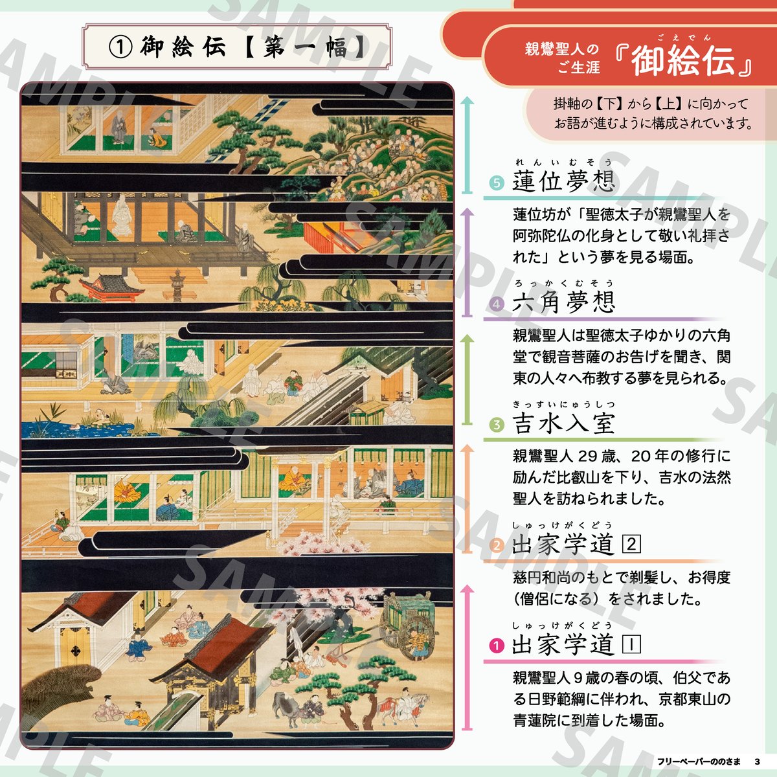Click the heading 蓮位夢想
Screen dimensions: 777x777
point(564,181)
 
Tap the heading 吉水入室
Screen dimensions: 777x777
point(564,423)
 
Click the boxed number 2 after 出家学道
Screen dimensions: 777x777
point(631,545)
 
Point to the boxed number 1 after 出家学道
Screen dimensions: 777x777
point(631,644)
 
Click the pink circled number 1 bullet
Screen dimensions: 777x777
point(497,646)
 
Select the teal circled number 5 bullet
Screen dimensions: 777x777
point(497,183)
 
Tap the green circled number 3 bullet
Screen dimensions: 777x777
point(497,425)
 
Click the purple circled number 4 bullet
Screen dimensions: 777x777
point(497,304)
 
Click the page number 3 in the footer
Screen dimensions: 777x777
point(757,761)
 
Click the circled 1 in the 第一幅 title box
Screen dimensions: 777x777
point(120,47)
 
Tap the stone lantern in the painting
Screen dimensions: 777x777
point(177,285)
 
